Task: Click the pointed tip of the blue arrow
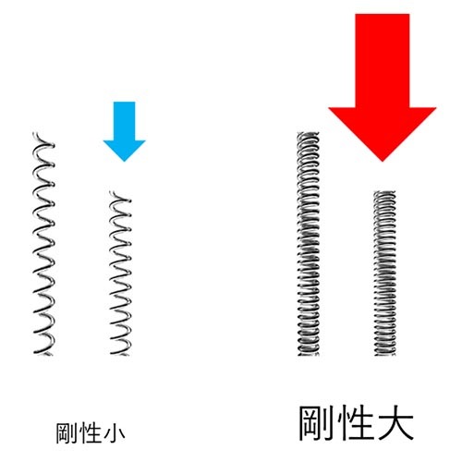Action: (x=124, y=161)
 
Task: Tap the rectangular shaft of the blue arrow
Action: (x=124, y=121)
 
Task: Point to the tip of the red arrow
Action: (x=383, y=161)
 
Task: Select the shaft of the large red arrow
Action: (x=383, y=61)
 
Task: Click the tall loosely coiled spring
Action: (x=43, y=243)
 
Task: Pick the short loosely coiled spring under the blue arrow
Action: (x=121, y=273)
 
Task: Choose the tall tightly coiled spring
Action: (x=308, y=243)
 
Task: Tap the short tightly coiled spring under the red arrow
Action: (x=384, y=273)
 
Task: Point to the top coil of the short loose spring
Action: (x=120, y=197)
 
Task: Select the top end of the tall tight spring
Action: (x=308, y=133)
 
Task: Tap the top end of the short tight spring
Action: (x=384, y=191)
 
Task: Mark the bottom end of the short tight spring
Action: (x=384, y=355)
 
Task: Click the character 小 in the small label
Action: (x=114, y=433)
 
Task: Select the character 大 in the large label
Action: (x=395, y=423)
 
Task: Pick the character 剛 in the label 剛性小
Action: (x=66, y=433)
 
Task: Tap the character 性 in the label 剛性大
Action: (x=355, y=423)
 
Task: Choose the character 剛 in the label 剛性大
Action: (x=316, y=423)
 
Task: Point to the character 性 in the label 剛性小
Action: (x=90, y=433)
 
